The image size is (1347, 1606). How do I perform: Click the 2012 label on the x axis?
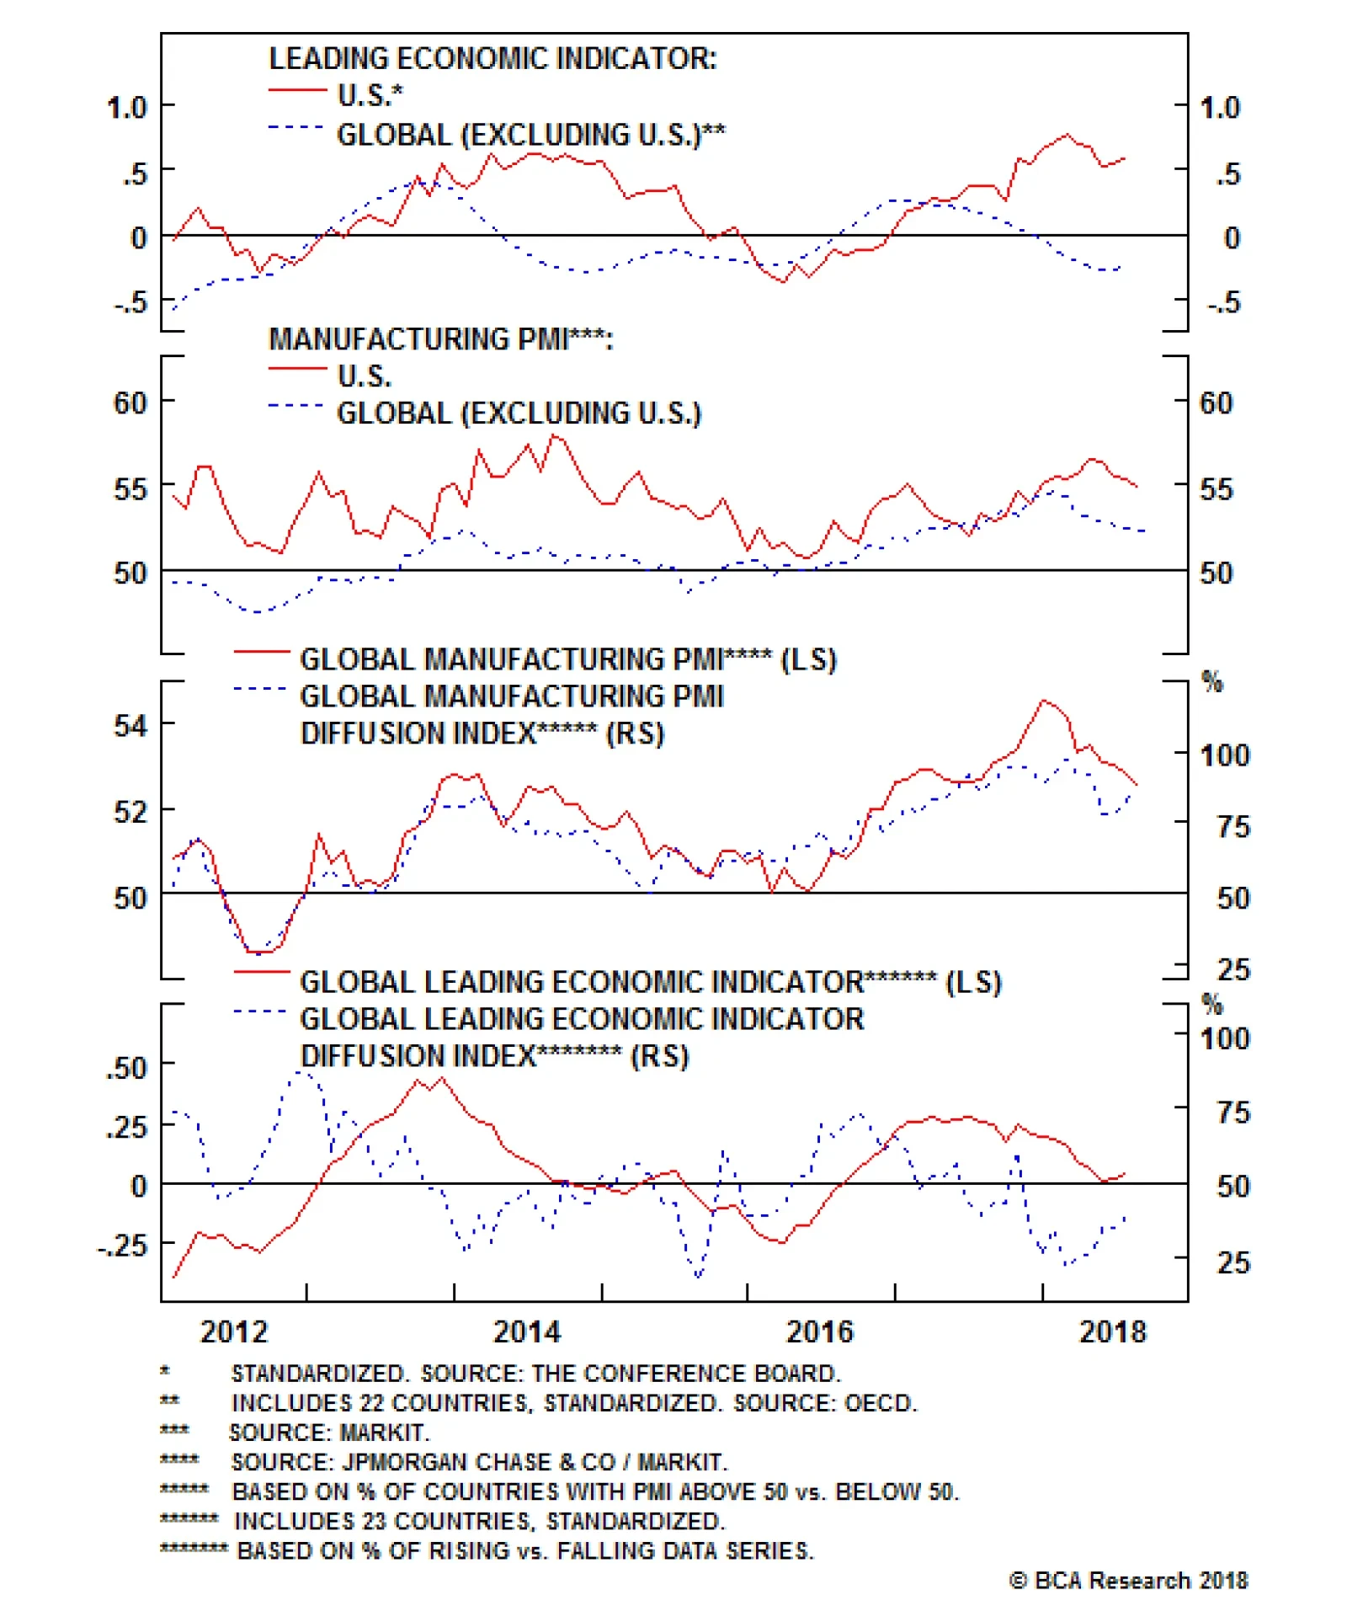(233, 1331)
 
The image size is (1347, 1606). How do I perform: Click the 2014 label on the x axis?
(526, 1331)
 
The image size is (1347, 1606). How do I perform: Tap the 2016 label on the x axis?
(819, 1331)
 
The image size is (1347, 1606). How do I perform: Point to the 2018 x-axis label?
(1112, 1331)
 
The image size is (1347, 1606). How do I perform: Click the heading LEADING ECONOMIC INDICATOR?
(492, 59)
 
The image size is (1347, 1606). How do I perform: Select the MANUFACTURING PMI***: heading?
(440, 339)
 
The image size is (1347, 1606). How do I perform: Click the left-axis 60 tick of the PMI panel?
(130, 403)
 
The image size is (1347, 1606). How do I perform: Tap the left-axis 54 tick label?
(130, 725)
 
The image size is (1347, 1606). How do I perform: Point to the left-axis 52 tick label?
(130, 811)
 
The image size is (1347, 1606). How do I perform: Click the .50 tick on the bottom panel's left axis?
(126, 1068)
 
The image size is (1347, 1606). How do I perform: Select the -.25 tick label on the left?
(123, 1245)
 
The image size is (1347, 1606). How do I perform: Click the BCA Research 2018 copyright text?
(1128, 1580)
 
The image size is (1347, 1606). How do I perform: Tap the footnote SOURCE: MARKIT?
(329, 1432)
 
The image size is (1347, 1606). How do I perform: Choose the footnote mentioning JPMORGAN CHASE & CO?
(479, 1461)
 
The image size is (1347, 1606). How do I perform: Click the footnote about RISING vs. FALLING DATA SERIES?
(525, 1550)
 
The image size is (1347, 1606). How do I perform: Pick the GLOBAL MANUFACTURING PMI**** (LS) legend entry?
(567, 659)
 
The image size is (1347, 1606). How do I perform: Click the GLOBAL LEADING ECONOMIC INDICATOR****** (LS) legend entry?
(650, 982)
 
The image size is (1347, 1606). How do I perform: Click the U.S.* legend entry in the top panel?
(370, 95)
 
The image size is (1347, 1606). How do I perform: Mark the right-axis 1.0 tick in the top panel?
(1219, 108)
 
